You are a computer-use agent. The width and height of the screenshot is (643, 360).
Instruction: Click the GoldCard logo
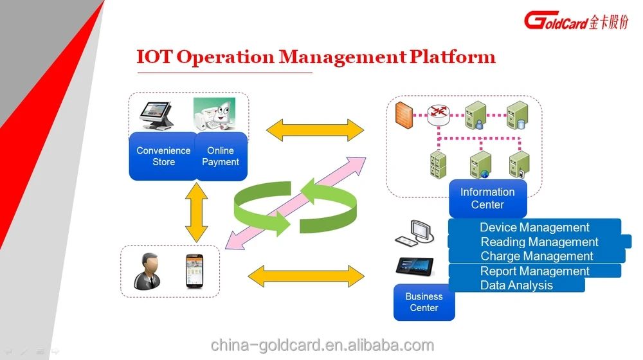point(575,20)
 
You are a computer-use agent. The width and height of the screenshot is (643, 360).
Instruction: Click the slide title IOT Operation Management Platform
point(316,57)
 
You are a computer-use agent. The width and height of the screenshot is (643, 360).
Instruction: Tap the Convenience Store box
point(163,156)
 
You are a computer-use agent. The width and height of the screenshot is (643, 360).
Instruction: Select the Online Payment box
point(221,156)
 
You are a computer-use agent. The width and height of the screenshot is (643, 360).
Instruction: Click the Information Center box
point(487,198)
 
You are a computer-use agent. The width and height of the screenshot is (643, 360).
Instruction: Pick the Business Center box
point(424,302)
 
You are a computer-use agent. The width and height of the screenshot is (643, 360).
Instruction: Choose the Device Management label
point(534,228)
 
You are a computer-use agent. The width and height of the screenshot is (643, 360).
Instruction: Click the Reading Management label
point(539,242)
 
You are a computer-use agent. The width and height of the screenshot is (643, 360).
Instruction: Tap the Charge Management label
point(537,256)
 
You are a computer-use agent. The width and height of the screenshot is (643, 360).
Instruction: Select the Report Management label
point(534,271)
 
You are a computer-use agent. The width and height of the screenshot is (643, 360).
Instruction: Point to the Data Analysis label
point(516,285)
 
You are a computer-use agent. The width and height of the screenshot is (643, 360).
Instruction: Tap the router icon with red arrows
point(440,114)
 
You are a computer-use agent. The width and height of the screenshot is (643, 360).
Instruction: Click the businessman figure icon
point(148,271)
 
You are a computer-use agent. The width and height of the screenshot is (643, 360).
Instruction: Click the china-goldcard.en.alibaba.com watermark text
point(322,345)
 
